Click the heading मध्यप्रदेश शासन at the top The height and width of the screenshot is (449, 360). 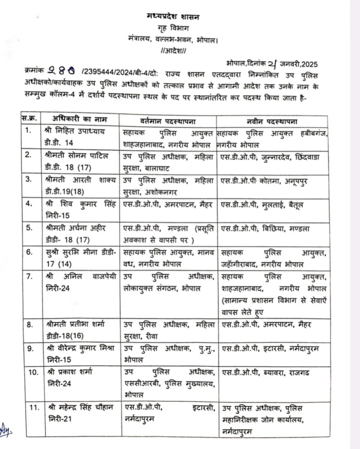click(x=173, y=17)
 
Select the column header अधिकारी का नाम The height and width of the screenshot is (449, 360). click(x=80, y=121)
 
